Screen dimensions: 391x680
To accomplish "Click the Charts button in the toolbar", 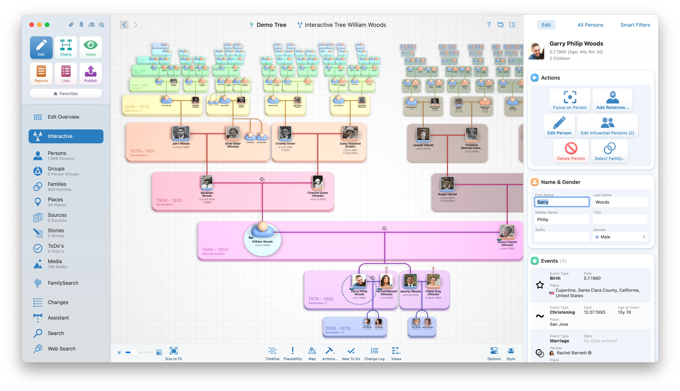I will tap(66, 48).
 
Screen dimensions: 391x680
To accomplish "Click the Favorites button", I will tap(66, 93).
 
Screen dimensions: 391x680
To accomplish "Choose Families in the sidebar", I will tap(57, 187).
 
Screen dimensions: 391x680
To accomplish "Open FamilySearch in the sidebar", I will tap(63, 283).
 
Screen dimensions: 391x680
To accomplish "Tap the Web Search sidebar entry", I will tap(61, 348).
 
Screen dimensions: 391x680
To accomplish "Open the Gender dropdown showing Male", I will tap(620, 237).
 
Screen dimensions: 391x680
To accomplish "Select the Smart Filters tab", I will tap(635, 25).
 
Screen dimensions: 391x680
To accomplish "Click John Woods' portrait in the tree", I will tap(181, 133).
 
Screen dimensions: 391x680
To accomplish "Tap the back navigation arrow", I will tap(124, 25).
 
